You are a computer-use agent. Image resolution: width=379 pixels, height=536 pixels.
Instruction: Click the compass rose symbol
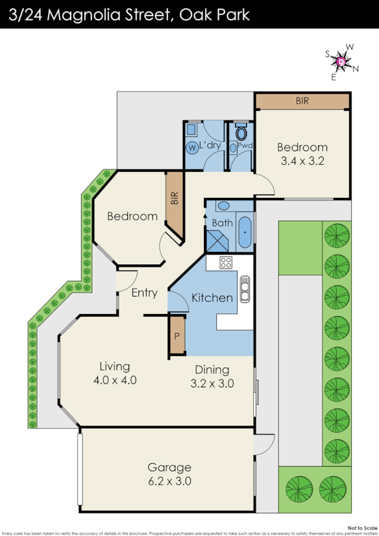point(342,62)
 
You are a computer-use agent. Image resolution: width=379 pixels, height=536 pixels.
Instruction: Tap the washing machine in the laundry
point(192,147)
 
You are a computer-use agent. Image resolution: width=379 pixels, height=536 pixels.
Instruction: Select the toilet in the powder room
point(241,134)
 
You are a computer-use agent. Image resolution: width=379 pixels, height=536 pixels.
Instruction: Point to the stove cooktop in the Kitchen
point(226,263)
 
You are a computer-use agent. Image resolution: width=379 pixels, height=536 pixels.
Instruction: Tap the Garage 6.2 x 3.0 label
point(169,474)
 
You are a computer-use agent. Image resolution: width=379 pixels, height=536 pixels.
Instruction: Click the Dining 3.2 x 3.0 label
point(212,376)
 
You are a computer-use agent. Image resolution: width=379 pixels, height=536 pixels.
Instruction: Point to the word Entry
point(144,293)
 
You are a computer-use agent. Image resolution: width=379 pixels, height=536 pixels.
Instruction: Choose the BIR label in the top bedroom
point(302,101)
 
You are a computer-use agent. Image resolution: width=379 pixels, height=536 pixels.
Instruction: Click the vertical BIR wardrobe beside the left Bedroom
point(174,204)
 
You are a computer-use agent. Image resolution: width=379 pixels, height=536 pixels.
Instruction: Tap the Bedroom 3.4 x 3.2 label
point(302,153)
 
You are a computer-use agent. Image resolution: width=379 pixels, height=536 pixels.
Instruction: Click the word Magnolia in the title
point(99,14)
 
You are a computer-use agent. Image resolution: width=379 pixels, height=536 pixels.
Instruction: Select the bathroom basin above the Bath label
point(223,206)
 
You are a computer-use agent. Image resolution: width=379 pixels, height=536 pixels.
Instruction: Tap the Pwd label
point(244,146)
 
